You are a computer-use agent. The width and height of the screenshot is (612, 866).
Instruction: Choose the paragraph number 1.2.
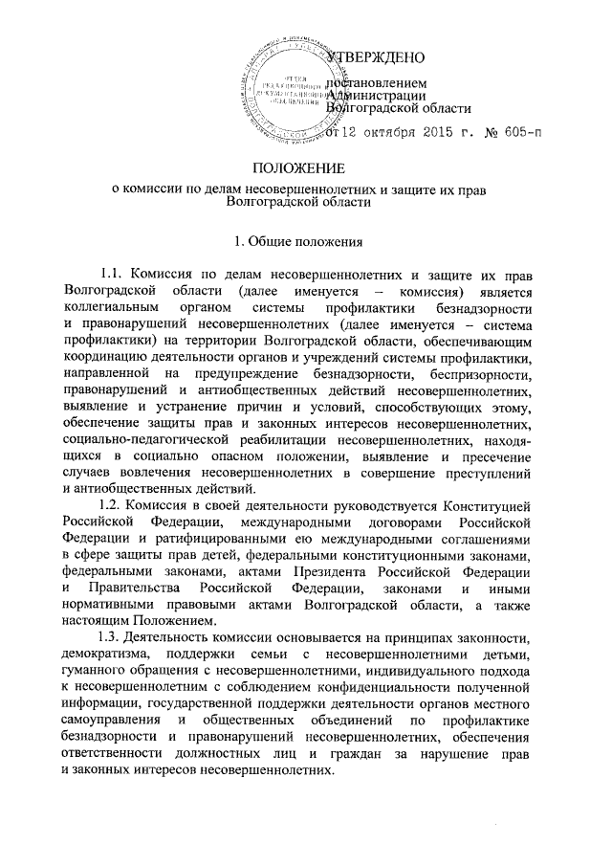click(x=112, y=504)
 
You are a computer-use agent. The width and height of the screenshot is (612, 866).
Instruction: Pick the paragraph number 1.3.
click(x=112, y=635)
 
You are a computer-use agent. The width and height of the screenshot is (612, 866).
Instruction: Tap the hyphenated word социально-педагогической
click(x=142, y=438)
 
